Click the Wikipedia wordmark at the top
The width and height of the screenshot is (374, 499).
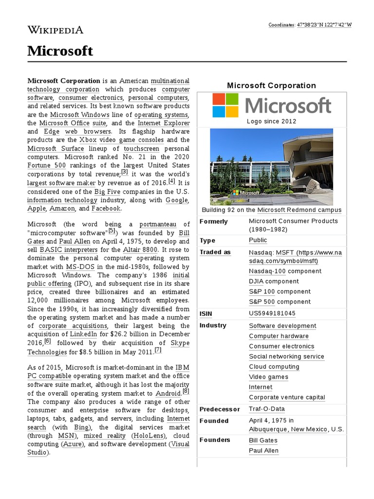[56, 30]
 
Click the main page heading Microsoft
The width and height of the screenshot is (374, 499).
[60, 51]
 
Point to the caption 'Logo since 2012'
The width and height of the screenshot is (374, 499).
[271, 121]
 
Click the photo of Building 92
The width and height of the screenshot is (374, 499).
[271, 167]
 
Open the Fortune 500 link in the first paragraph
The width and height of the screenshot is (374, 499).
[46, 165]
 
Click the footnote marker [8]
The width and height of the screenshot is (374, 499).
[186, 391]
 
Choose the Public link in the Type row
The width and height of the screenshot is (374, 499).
[258, 240]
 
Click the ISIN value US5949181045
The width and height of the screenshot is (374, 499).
[272, 313]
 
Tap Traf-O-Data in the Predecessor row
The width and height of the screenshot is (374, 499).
[266, 409]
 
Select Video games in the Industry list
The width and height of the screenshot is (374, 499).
[268, 377]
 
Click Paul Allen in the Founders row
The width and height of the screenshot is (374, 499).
[263, 451]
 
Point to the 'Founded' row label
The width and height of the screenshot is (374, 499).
[214, 421]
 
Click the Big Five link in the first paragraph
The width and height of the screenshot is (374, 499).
[106, 192]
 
